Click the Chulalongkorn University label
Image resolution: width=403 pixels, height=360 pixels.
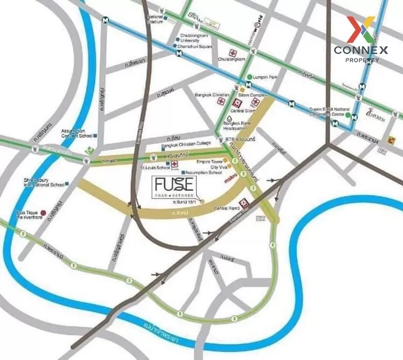tap(193, 38)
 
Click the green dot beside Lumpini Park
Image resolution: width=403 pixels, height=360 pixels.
tap(249, 77)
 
